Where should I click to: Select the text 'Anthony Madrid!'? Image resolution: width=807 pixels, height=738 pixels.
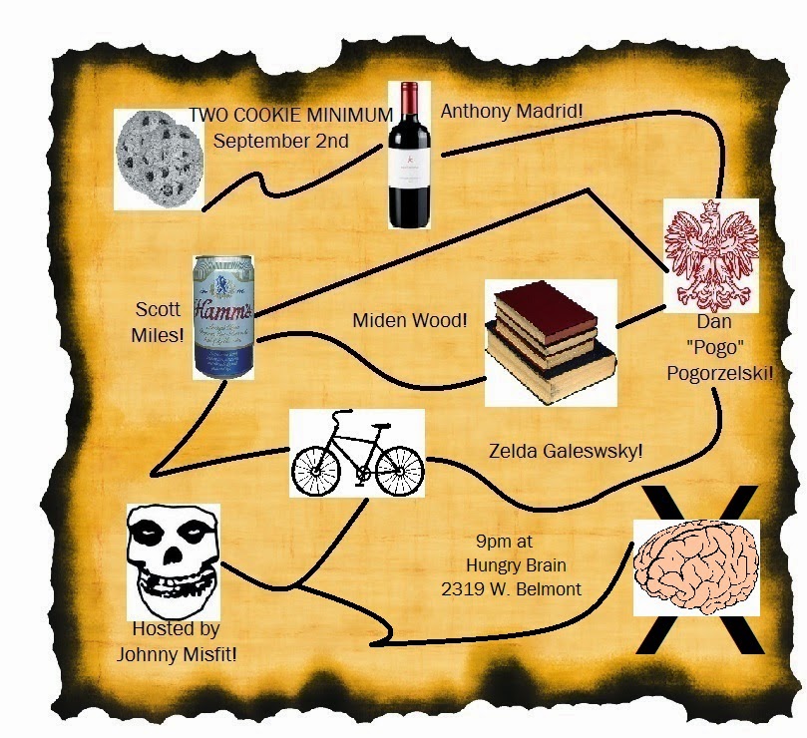coord(510,112)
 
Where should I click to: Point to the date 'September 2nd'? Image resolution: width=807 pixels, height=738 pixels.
coord(280,141)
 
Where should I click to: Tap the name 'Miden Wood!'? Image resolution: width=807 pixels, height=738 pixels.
coord(410,321)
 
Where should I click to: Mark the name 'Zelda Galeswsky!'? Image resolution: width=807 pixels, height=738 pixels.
coord(566,451)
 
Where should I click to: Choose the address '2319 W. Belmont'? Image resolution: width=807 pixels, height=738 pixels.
coord(512,589)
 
